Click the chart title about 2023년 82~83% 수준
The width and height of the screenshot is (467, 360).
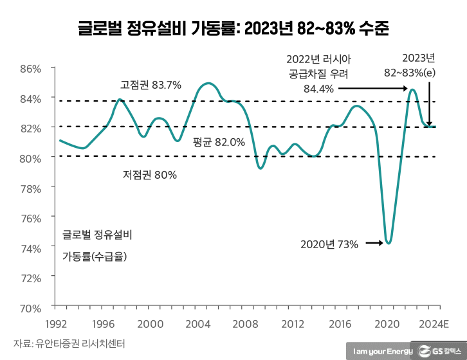233,28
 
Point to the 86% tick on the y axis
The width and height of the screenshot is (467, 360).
30,68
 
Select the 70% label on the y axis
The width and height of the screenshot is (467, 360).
30,307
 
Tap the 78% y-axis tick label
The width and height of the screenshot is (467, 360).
30,188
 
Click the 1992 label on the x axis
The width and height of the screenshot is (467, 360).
57,323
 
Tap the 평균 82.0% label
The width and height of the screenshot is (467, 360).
219,143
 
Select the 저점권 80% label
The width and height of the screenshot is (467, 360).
149,174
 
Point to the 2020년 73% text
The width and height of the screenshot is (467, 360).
329,244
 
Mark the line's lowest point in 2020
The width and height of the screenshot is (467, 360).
389,244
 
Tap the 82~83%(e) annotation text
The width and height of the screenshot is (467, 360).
410,73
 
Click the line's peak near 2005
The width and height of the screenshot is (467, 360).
208,83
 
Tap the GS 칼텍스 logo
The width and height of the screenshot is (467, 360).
439,351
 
